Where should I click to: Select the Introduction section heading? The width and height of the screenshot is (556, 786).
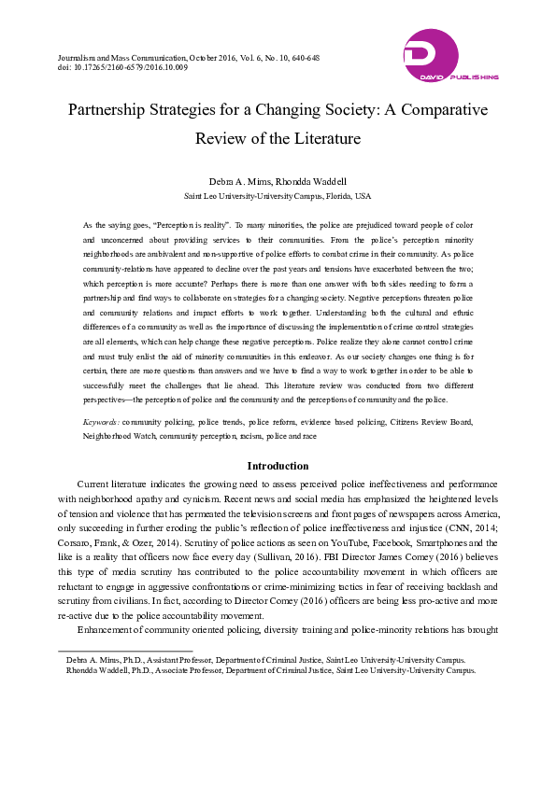pyautogui.click(x=278, y=466)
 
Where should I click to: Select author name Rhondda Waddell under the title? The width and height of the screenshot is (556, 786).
pyautogui.click(x=310, y=179)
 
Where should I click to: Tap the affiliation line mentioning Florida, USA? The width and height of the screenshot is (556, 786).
pyautogui.click(x=278, y=196)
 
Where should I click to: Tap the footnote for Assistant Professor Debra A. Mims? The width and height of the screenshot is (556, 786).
pyautogui.click(x=265, y=660)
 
